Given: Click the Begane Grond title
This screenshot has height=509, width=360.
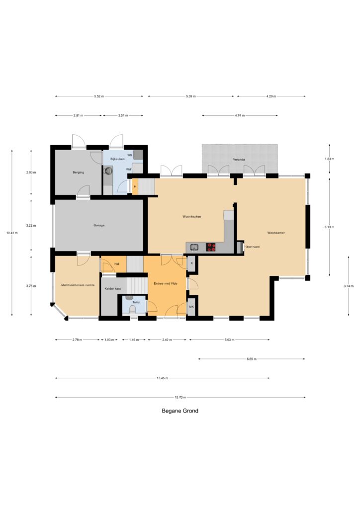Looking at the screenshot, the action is tap(180, 411).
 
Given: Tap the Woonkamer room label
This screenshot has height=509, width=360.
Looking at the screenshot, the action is tap(276, 233).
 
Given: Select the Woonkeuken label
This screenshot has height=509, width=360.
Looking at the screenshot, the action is tap(191, 217).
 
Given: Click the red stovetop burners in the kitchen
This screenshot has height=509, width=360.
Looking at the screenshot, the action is tap(211, 248).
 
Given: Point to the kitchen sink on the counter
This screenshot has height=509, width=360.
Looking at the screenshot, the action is tap(194, 248).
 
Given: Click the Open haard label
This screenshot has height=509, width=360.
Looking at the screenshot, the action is tap(252, 247).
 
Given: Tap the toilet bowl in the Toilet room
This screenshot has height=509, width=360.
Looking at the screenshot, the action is tap(132, 309).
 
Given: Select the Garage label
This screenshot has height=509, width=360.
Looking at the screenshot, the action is tap(99, 225).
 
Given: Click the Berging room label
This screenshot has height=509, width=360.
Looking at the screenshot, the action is tap(78, 172).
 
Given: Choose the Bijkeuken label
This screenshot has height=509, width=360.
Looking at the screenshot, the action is tap(117, 159).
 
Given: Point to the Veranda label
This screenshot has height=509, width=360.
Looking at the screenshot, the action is tap(239, 160).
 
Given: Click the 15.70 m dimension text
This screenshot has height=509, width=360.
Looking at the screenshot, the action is tap(180, 397).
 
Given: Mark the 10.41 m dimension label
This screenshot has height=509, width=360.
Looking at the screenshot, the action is tap(12, 233).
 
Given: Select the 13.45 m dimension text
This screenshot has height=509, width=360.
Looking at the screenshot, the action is tap(162, 378).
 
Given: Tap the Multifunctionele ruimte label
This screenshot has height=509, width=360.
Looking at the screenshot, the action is tap(78, 285).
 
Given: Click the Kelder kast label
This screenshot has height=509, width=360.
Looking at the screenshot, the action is tap(113, 289).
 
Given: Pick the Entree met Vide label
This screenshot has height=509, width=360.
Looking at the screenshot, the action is tap(166, 283).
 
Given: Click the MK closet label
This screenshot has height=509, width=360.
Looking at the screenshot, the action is tap(191, 306).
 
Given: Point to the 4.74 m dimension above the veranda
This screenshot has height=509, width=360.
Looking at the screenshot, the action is tap(240, 115).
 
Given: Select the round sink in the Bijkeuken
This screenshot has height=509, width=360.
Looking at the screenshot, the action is tap(107, 170).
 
